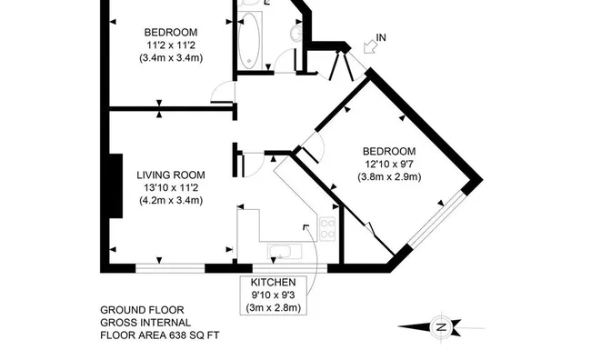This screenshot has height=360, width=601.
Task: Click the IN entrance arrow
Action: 369,46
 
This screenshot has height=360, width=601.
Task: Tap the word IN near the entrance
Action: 381,37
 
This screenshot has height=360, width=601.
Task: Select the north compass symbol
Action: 441,327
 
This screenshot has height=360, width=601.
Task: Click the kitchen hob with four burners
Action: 327,229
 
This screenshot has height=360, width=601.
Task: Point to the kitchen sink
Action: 285,252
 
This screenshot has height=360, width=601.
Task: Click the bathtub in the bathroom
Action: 249,40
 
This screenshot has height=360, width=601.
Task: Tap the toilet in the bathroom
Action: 296,34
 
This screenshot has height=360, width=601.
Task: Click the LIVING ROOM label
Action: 171,175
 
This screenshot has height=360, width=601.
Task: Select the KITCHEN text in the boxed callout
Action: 274,283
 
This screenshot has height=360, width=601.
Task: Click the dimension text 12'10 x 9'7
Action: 389,164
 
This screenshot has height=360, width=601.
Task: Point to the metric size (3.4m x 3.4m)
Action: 171,58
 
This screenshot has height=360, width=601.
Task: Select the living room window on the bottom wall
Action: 170,268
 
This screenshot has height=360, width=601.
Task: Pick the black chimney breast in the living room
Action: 116,186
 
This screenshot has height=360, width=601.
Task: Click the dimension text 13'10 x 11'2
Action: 171,188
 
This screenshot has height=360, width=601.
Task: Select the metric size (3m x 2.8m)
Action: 274,308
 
